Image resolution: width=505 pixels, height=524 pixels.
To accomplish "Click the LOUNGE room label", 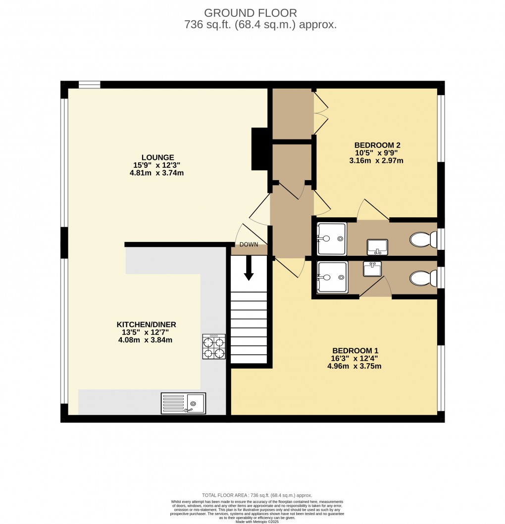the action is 157,157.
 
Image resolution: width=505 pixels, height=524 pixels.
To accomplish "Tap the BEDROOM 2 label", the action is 377,145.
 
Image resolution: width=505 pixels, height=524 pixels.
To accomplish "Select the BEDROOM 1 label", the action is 355,350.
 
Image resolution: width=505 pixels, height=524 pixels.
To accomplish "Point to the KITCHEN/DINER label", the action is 146,324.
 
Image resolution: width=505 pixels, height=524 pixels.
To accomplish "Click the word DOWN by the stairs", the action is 249,244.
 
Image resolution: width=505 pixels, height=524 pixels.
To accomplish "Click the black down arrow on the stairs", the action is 249,268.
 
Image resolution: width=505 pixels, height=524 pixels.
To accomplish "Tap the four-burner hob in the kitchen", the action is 214,346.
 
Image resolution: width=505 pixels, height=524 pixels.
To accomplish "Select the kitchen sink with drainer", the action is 183,403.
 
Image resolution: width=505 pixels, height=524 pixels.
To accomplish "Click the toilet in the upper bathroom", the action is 423,239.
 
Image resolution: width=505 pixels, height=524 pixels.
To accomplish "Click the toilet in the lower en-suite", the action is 423,278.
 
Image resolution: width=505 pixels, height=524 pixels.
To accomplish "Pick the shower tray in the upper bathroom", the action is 331,238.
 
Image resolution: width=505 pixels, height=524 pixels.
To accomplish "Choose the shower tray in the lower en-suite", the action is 332,277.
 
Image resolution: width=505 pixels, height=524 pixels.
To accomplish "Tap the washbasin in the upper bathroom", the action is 377,247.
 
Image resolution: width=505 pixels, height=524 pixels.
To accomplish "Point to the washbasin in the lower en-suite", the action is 372,269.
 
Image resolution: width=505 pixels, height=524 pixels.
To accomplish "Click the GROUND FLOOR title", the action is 251,13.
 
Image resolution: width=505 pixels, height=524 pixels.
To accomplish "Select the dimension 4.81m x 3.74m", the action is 156,173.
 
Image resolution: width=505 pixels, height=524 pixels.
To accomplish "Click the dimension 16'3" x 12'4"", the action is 354,358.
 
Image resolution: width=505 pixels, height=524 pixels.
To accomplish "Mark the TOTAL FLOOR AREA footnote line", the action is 257,495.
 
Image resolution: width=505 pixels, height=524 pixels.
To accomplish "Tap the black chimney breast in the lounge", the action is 260,149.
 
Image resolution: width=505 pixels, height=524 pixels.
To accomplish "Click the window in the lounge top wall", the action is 89,85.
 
